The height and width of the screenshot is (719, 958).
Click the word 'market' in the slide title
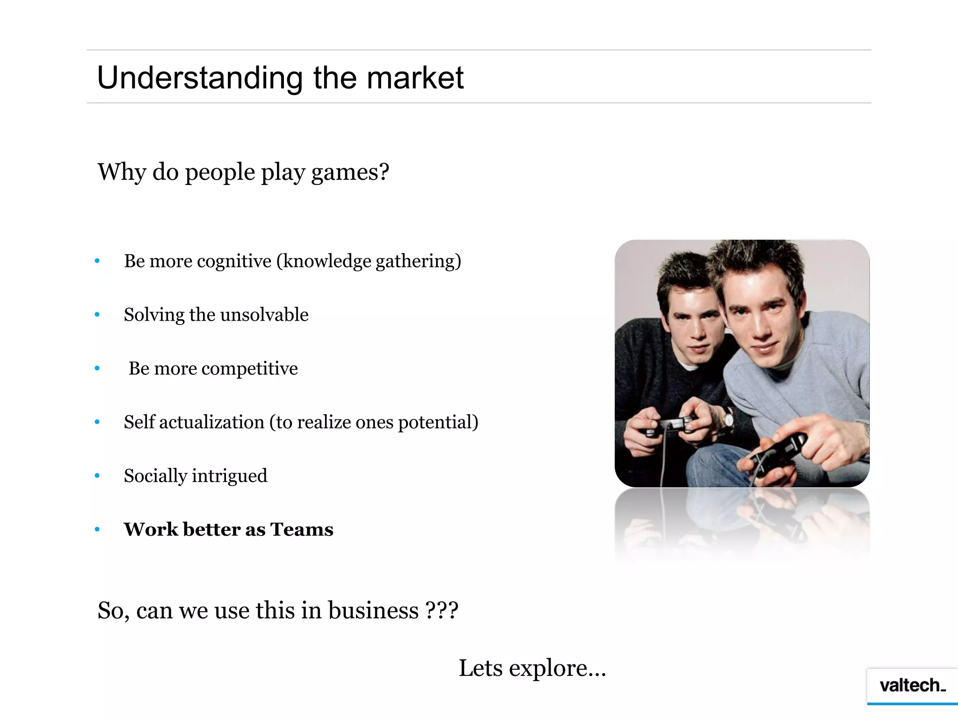tap(415, 78)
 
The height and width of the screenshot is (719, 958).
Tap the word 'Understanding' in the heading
tap(200, 79)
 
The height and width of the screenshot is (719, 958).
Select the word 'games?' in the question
tap(350, 173)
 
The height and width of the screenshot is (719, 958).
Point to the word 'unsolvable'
tap(264, 315)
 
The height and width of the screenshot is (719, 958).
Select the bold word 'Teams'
tap(302, 529)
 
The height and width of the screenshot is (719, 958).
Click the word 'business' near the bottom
tap(373, 610)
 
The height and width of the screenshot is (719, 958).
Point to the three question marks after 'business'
tap(442, 610)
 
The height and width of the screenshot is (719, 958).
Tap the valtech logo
tap(912, 686)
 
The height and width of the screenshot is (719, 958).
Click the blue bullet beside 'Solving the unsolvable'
tap(97, 315)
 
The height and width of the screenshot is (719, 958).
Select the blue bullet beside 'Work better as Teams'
tap(97, 529)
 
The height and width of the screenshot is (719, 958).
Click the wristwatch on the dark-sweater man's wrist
tap(728, 418)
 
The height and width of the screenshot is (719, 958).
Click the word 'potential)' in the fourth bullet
tap(438, 422)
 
